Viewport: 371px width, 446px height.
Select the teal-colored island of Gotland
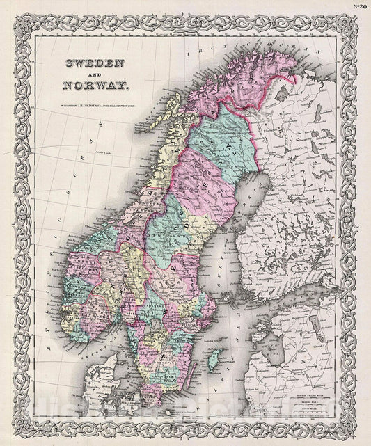216,361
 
